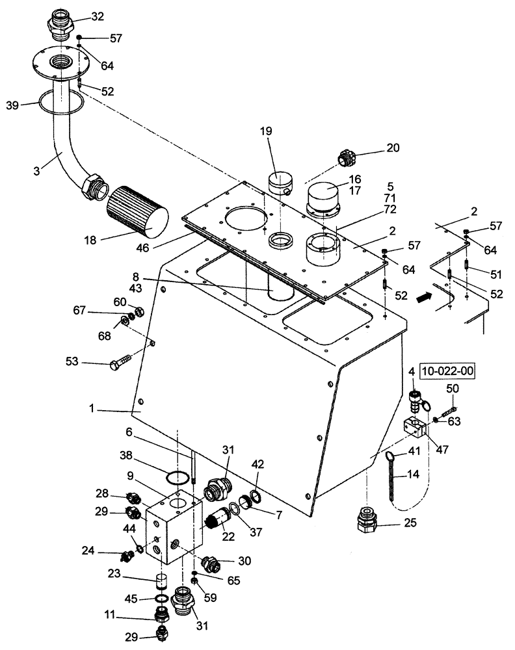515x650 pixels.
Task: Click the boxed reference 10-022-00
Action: point(448,372)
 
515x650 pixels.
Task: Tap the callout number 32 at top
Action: point(97,16)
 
